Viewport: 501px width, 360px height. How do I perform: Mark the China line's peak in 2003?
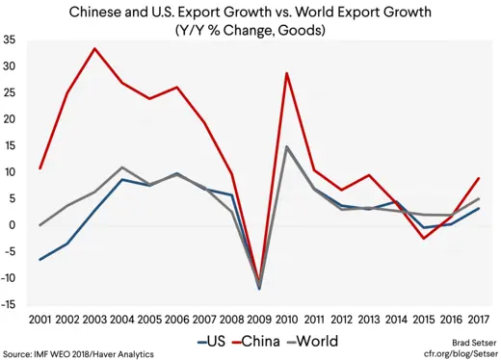[x=93, y=48]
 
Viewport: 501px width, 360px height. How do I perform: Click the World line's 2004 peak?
[x=121, y=167]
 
